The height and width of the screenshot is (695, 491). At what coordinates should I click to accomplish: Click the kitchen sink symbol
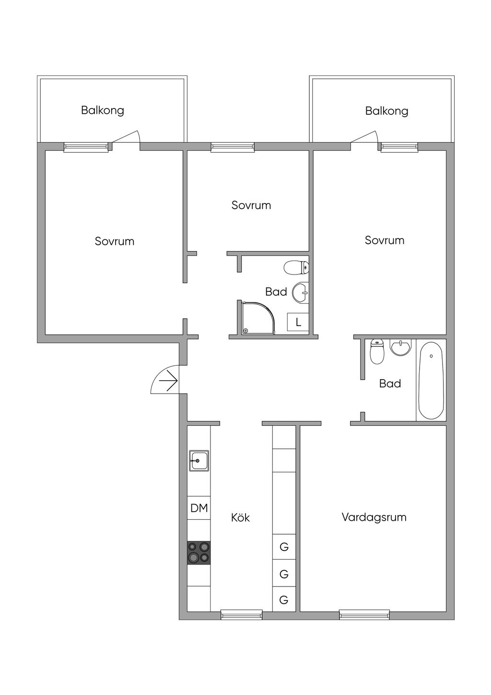coord(199,461)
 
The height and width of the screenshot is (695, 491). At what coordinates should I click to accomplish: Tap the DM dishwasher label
coord(199,508)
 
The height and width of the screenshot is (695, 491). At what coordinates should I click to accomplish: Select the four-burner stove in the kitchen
coord(199,552)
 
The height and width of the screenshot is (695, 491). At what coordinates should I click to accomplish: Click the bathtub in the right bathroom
coord(431,381)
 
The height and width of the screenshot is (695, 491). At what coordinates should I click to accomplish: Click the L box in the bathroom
coord(298,322)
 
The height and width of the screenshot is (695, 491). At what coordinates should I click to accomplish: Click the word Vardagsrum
coord(374,517)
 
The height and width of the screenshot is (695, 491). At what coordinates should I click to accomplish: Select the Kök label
coord(240,517)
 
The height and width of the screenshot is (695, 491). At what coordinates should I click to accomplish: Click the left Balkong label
coord(103,110)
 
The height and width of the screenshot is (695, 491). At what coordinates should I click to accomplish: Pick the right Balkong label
coord(386,111)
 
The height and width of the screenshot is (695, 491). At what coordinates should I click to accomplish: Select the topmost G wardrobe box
coord(284,547)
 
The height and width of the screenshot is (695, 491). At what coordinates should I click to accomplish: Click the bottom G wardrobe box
coord(284,599)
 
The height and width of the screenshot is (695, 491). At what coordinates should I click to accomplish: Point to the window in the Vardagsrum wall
coord(364,614)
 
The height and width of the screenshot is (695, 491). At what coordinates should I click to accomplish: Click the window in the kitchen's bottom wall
coord(242,614)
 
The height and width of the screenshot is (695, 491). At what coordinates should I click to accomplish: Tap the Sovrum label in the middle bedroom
coord(251,205)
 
